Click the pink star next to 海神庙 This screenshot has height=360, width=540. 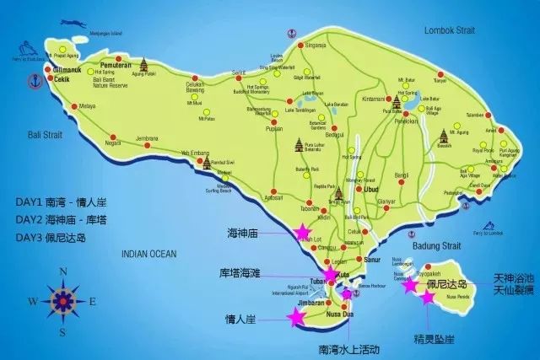301,231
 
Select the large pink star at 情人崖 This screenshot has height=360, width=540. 296,317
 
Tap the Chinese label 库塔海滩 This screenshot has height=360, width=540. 240,274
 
